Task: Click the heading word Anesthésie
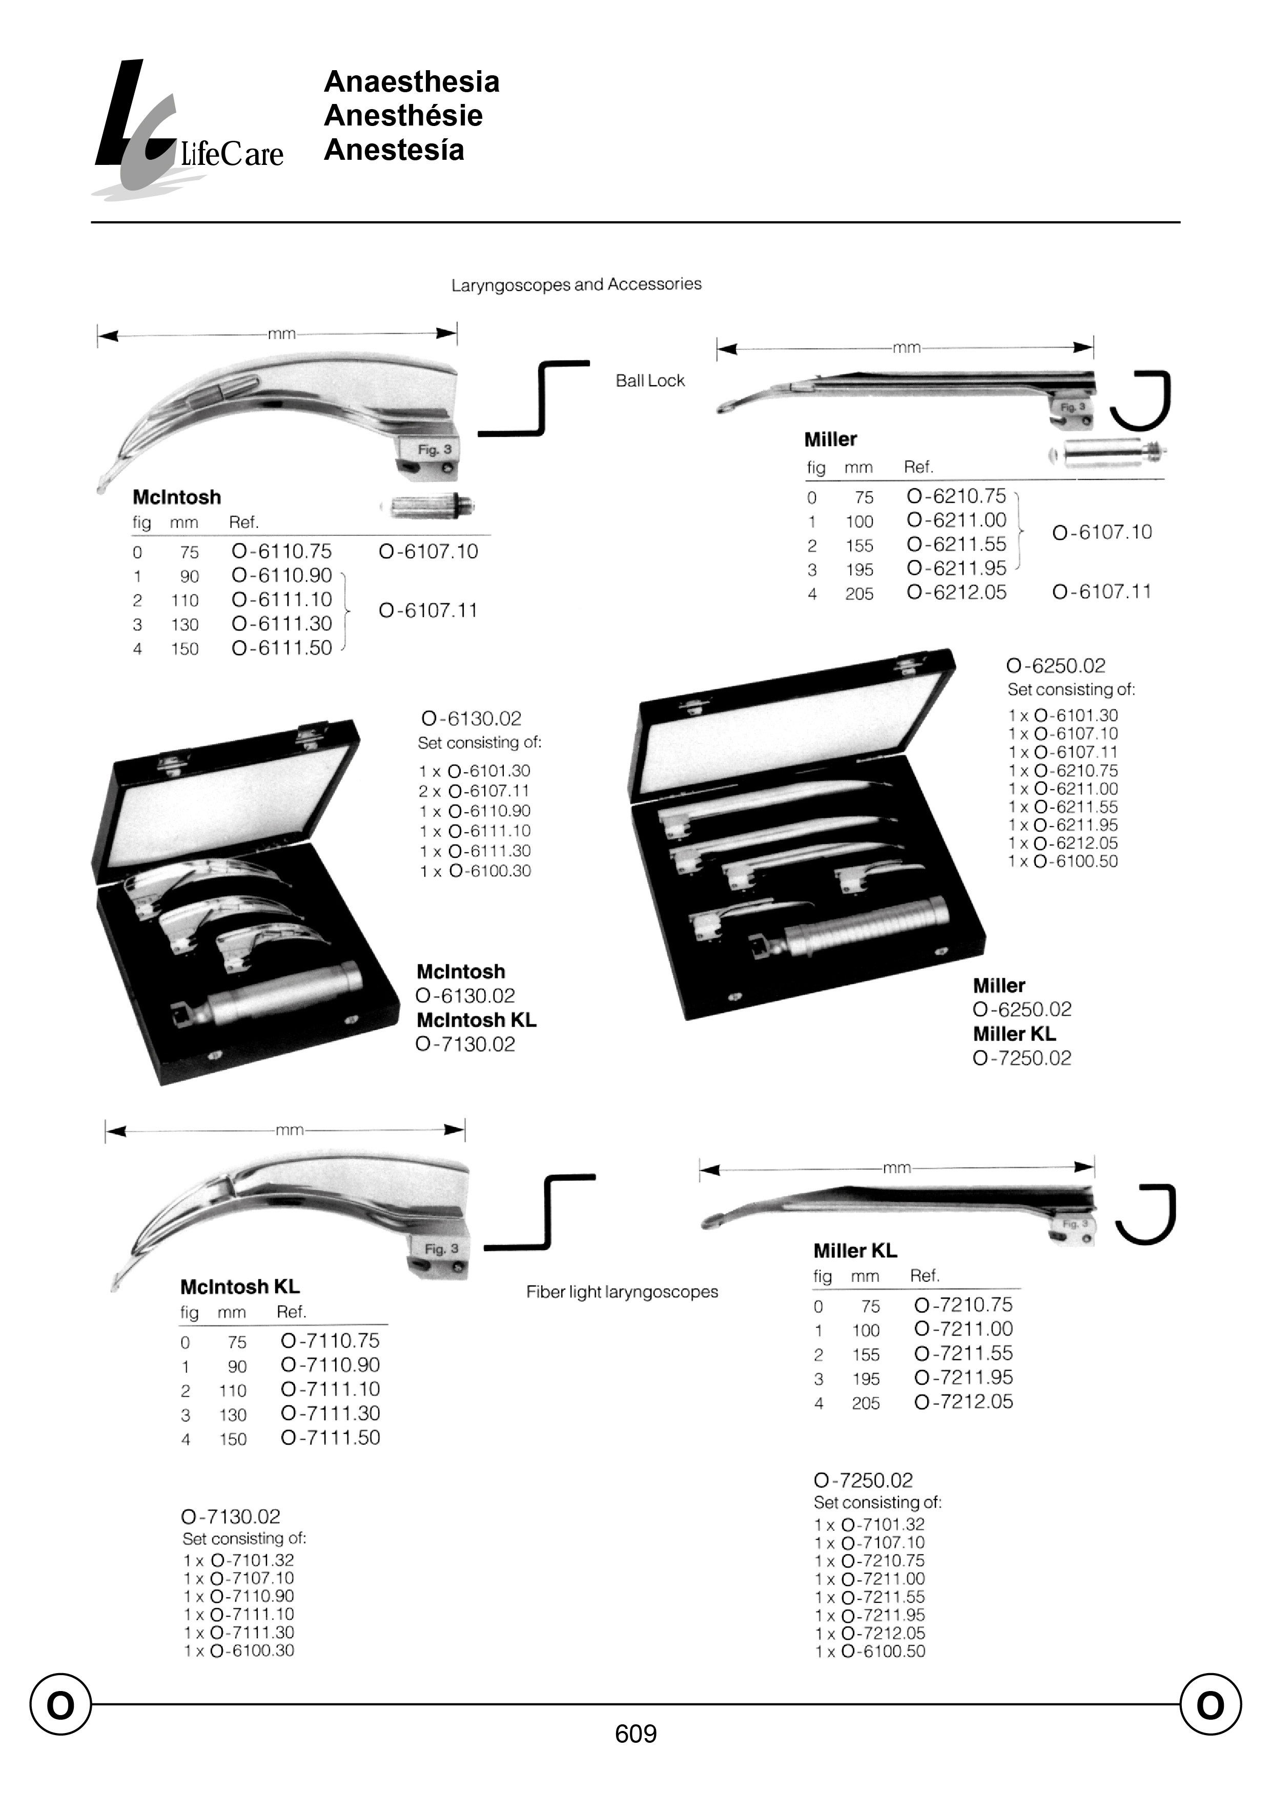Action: (403, 116)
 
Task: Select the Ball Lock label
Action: (649, 381)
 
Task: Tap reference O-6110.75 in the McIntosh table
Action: (282, 552)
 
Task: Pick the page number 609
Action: (635, 1734)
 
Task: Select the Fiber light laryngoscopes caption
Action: (622, 1292)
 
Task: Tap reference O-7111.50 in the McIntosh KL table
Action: (330, 1438)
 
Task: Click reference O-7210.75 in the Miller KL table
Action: (962, 1304)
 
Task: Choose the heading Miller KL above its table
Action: (855, 1251)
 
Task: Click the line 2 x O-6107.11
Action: (474, 791)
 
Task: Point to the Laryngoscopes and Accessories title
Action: (576, 285)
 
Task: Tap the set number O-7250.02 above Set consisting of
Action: (863, 1480)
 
